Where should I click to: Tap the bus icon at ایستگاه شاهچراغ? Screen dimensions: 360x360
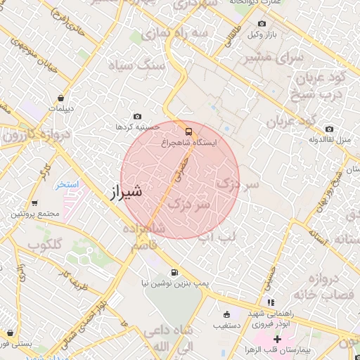click(x=188, y=131)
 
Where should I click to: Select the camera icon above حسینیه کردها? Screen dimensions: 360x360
click(x=137, y=117)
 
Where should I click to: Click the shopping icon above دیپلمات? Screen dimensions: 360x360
click(x=63, y=98)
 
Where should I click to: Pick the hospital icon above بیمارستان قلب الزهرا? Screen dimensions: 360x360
click(x=277, y=340)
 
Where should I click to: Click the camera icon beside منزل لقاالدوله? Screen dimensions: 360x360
click(x=330, y=129)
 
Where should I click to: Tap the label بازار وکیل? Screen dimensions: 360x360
click(x=271, y=34)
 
